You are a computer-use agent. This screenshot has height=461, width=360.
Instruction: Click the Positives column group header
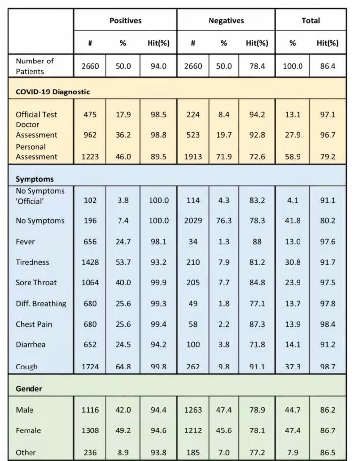pyautogui.click(x=125, y=21)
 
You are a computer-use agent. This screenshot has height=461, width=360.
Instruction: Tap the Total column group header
pyautogui.click(x=310, y=21)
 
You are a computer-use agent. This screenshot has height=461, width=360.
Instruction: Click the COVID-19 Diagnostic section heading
pyautogui.click(x=53, y=92)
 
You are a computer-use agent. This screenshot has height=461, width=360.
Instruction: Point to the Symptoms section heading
pyautogui.click(x=34, y=179)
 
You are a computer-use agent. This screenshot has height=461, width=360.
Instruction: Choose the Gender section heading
pyautogui.click(x=29, y=389)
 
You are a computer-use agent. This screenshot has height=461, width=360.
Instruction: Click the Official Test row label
pyautogui.click(x=36, y=114)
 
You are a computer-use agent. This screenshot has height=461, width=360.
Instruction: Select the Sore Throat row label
pyautogui.click(x=36, y=283)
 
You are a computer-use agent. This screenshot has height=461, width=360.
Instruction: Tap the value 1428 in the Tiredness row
pyautogui.click(x=90, y=262)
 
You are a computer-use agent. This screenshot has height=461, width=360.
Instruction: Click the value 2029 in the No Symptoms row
pyautogui.click(x=193, y=221)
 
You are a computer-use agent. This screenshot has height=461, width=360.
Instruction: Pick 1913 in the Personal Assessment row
pyautogui.click(x=193, y=157)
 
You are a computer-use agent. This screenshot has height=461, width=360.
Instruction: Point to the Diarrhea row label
pyautogui.click(x=30, y=345)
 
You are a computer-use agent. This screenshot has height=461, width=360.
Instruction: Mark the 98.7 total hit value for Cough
pyautogui.click(x=328, y=367)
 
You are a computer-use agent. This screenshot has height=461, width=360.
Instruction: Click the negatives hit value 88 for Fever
pyautogui.click(x=257, y=242)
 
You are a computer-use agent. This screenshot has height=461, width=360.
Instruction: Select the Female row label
pyautogui.click(x=28, y=430)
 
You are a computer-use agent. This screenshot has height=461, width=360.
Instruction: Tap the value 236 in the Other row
pyautogui.click(x=90, y=452)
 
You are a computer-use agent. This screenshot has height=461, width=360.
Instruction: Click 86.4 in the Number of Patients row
pyautogui.click(x=328, y=66)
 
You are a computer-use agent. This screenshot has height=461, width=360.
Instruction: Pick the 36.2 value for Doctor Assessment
pyautogui.click(x=123, y=135)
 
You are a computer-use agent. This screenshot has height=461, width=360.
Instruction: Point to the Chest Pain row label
pyautogui.click(x=34, y=324)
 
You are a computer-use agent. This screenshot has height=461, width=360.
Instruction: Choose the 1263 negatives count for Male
pyautogui.click(x=193, y=410)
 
